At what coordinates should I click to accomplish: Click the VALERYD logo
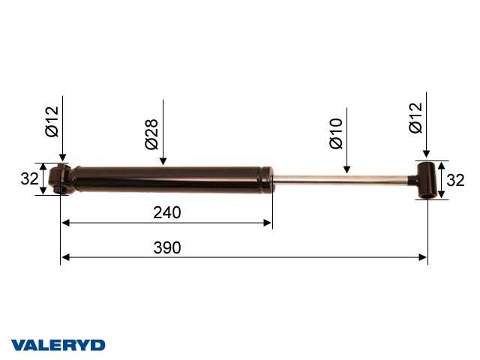(58, 345)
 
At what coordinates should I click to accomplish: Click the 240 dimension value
(167, 212)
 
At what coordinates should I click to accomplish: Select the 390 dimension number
(167, 247)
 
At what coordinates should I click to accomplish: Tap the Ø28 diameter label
(151, 134)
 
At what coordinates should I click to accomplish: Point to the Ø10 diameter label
(336, 133)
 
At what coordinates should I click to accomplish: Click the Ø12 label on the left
(52, 121)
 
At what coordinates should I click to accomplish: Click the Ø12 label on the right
(415, 118)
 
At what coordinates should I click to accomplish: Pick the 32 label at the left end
(30, 178)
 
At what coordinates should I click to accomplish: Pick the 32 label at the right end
(455, 180)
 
